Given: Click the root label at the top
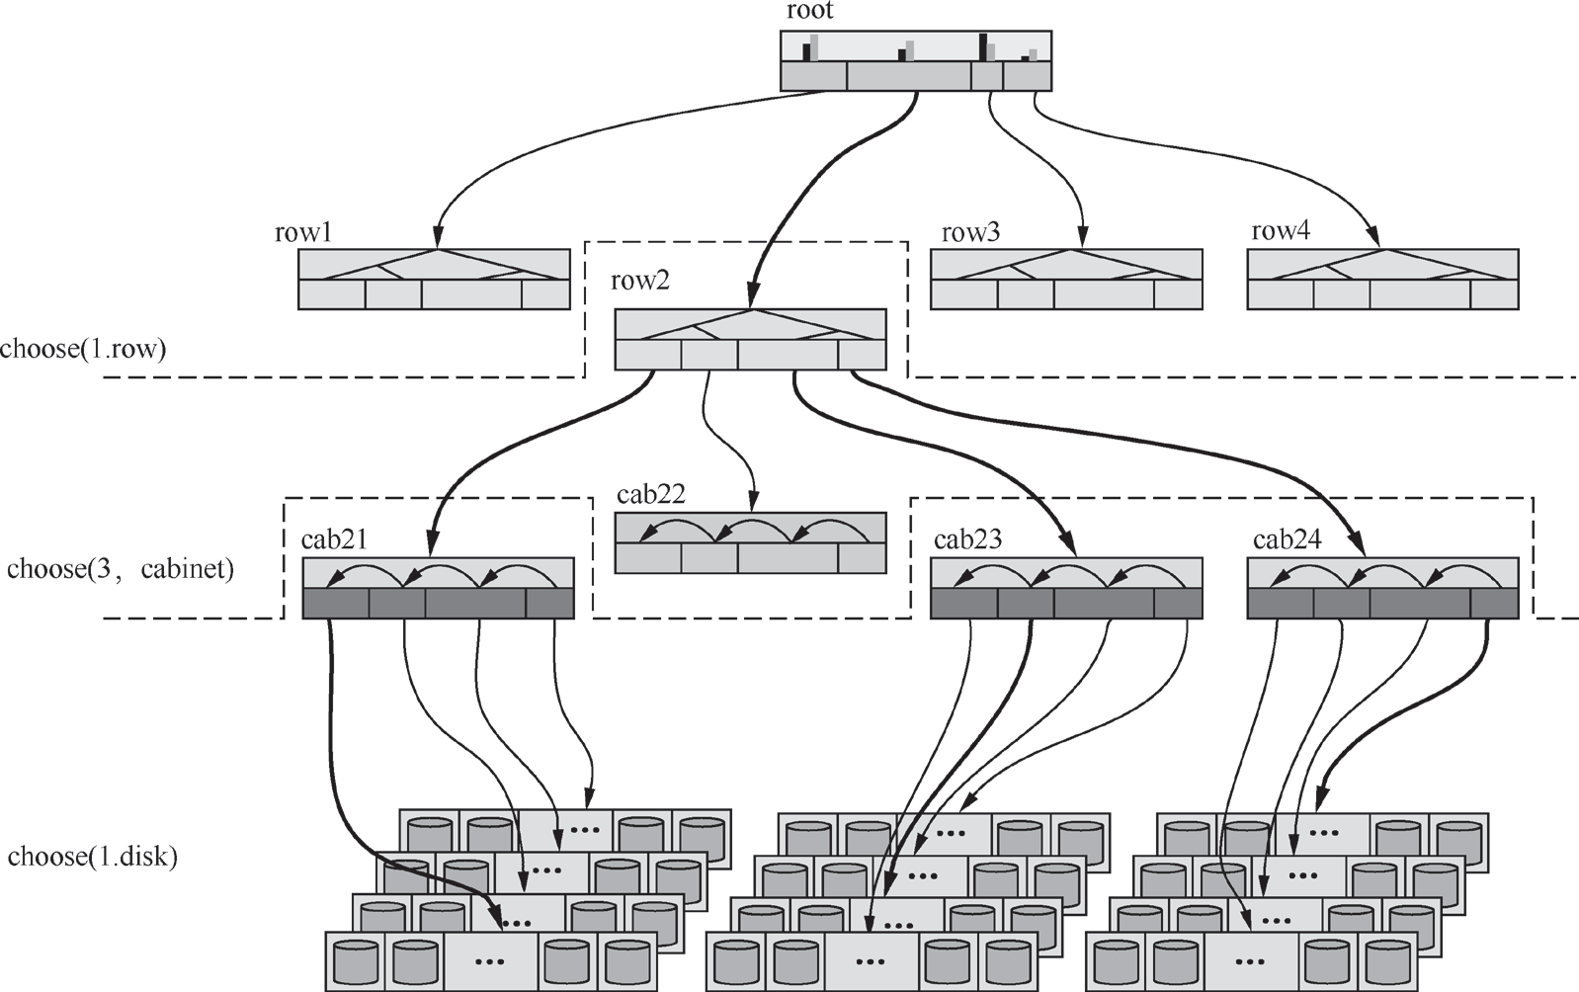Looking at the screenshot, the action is [x=809, y=11].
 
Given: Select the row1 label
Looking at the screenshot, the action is [x=303, y=232].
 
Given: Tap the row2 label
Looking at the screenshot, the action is [x=640, y=281].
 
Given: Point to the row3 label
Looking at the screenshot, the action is [x=970, y=232].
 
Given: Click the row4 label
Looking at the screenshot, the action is [x=1281, y=231].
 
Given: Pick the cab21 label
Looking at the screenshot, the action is [x=334, y=539].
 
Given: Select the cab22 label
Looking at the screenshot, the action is [x=650, y=494].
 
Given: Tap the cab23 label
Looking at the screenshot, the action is [x=967, y=539].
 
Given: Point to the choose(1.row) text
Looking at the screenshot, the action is [x=83, y=349].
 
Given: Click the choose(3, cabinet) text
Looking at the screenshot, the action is [x=120, y=569].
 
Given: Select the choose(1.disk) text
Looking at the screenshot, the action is [x=92, y=857].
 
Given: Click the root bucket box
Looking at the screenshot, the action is [x=916, y=60].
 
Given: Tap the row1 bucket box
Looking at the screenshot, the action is [x=434, y=280].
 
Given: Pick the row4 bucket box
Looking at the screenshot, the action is [x=1383, y=280].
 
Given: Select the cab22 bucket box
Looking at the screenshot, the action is [x=751, y=542].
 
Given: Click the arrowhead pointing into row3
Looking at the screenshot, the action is [x=1083, y=238].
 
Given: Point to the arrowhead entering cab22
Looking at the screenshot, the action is [x=753, y=502].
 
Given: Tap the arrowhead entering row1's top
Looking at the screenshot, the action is [x=438, y=238].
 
